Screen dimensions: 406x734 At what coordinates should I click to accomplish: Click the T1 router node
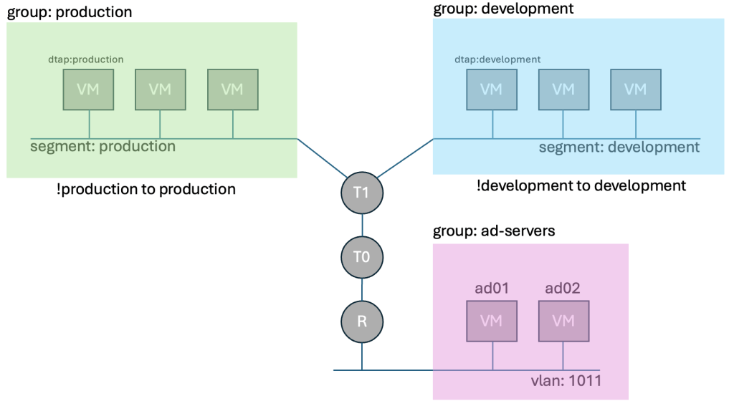click(362, 193)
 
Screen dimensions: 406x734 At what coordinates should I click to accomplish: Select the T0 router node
click(362, 256)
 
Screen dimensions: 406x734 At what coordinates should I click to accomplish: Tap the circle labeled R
click(362, 319)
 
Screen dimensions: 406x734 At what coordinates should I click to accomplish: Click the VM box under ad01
click(492, 320)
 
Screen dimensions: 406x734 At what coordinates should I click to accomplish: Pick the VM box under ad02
click(564, 320)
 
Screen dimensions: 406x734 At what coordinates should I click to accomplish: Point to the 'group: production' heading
click(70, 12)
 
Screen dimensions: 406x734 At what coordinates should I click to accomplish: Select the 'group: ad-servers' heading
click(495, 232)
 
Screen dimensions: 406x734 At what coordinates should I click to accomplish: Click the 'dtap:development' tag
click(497, 59)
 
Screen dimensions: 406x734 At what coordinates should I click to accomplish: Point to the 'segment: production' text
click(103, 147)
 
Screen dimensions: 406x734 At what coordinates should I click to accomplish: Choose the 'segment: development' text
click(619, 148)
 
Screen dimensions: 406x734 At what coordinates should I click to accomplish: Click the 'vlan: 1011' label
click(562, 380)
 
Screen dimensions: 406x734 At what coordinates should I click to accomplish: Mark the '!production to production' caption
click(146, 189)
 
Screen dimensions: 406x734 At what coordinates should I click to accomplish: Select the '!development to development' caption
click(581, 185)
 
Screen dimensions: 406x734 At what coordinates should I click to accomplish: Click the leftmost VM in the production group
click(88, 90)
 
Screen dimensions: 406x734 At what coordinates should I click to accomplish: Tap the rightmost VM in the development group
click(635, 90)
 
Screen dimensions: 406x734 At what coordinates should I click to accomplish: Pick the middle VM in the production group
click(160, 90)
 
